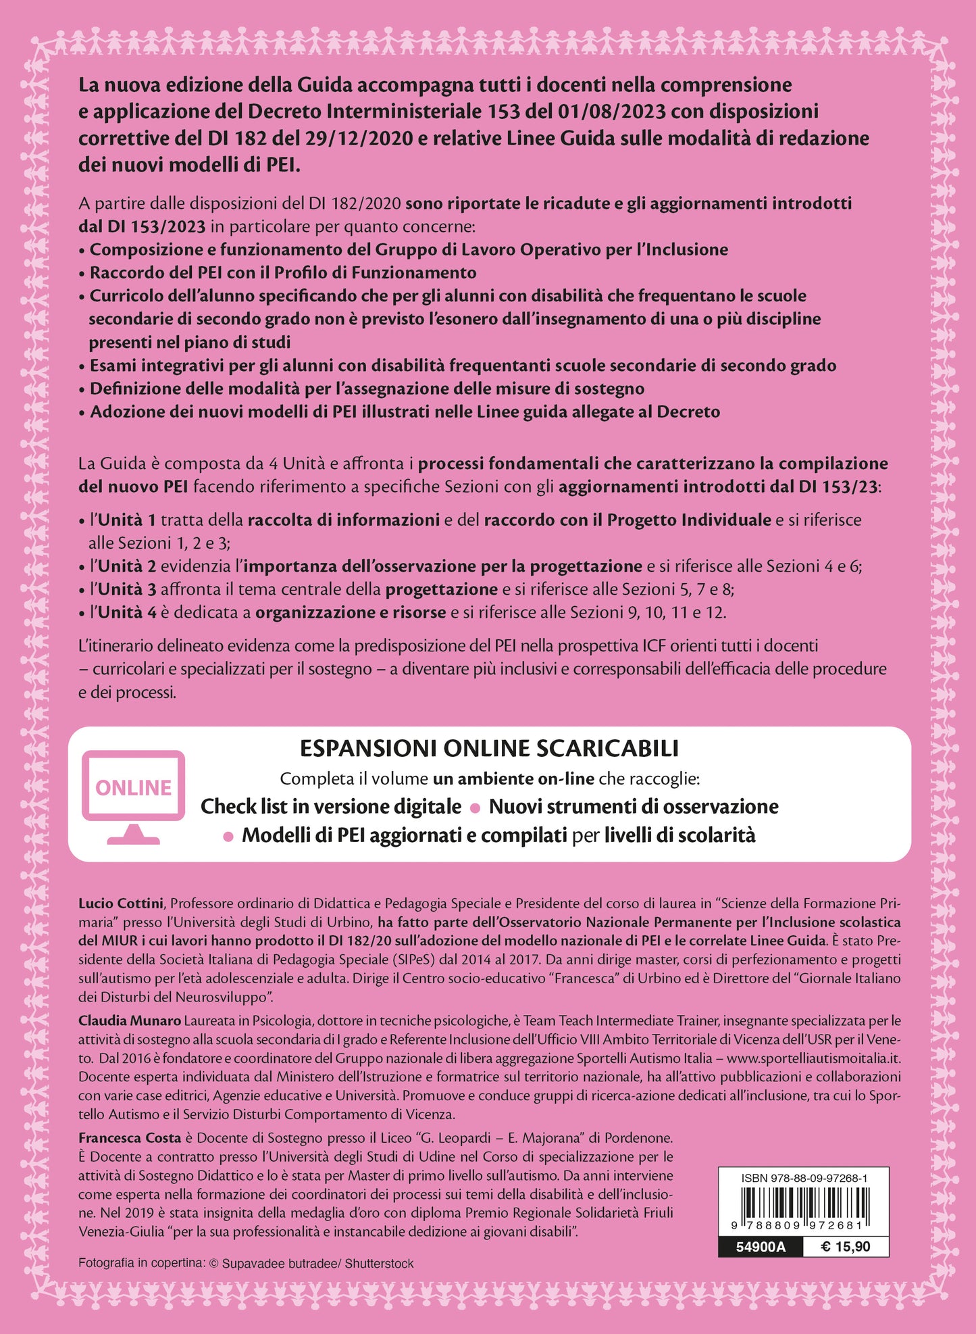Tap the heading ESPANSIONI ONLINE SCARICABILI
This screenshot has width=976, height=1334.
pos(489,748)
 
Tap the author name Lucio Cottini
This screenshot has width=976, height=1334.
pos(121,904)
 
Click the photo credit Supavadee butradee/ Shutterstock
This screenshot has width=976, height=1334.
pos(317,1263)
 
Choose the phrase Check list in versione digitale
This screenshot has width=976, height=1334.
pos(331,806)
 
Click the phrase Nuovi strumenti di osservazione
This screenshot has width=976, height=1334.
pos(634,806)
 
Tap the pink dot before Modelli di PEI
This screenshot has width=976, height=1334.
pos(228,837)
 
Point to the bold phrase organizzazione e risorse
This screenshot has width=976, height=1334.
pos(351,612)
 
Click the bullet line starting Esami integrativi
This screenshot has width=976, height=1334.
pos(463,366)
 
